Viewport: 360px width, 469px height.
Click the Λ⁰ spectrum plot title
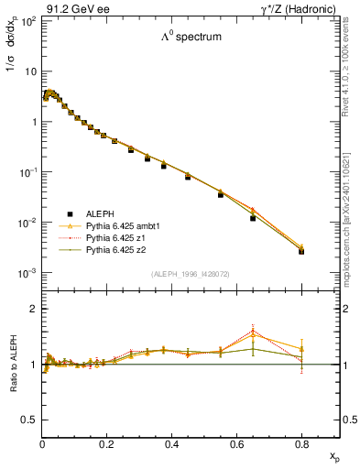(191, 38)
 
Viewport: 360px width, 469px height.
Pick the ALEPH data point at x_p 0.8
(301, 251)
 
